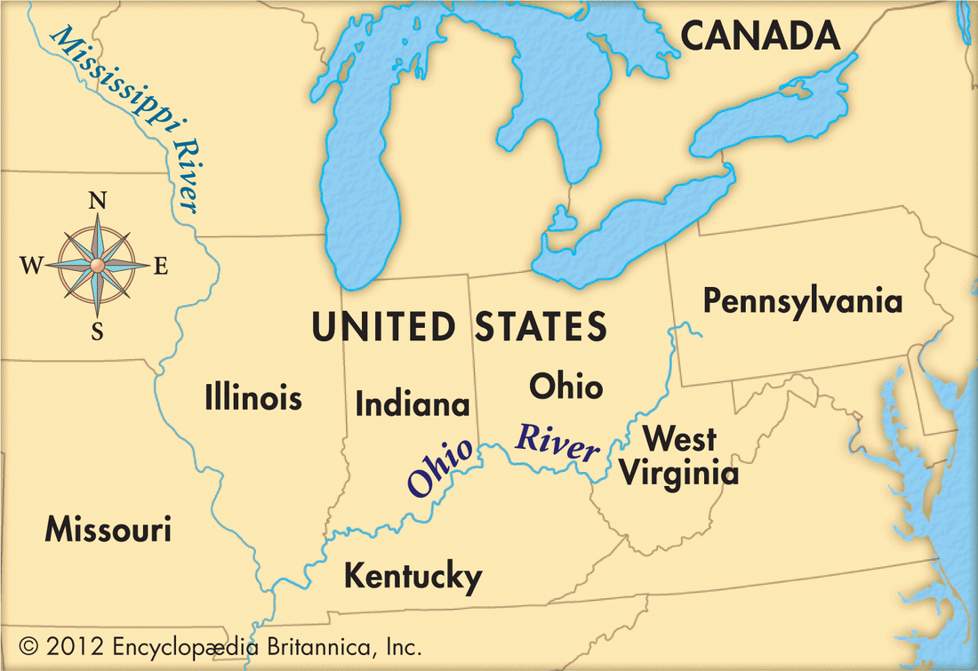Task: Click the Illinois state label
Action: [x=253, y=396]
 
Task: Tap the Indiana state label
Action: [x=413, y=404]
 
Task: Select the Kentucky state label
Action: [x=413, y=577]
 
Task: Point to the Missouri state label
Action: [x=108, y=531]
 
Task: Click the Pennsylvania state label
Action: [x=802, y=300]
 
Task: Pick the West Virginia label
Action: [x=678, y=455]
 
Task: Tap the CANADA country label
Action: [x=759, y=36]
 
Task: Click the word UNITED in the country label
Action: [x=383, y=326]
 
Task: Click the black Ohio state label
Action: [x=565, y=387]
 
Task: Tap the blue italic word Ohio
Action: [x=440, y=467]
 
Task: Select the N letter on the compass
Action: [x=98, y=201]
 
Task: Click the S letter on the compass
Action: [x=98, y=331]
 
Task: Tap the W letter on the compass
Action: [x=31, y=266]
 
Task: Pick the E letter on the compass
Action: [x=161, y=266]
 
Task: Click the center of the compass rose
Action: [x=98, y=265]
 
